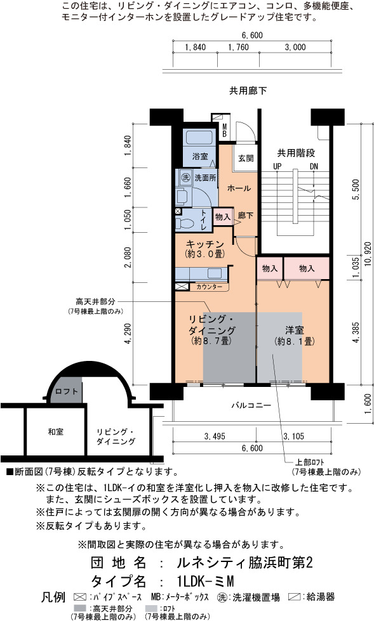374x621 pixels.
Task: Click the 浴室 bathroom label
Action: point(200,156)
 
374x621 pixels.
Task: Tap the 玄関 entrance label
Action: point(246,158)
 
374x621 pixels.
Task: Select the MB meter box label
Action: point(224,130)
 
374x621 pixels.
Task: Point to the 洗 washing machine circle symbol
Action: point(185,178)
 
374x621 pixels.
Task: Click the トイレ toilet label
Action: point(203,219)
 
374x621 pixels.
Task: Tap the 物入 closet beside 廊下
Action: point(223,217)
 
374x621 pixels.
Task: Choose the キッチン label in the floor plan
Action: point(204,244)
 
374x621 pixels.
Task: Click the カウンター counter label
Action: point(209,286)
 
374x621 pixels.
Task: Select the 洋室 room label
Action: point(294,329)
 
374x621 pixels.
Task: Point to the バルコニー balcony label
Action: point(251,405)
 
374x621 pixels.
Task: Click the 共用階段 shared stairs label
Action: point(296,152)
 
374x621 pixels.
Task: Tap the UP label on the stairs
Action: point(277,166)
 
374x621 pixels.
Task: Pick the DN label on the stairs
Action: point(314,166)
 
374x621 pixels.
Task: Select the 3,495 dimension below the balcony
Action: point(215,436)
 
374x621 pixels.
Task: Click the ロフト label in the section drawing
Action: point(67,391)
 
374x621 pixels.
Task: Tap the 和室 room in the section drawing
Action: point(55,432)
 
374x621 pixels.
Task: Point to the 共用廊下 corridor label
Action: point(248,91)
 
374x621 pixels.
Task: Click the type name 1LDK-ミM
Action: point(206,581)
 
